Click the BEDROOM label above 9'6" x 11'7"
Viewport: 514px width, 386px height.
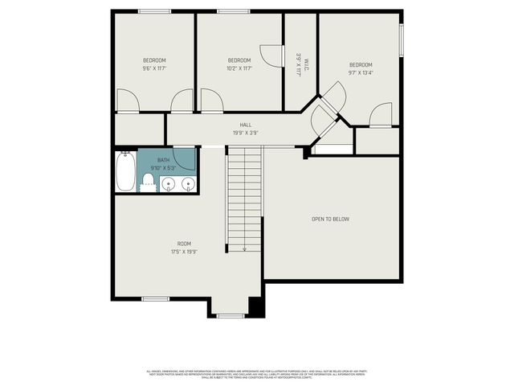coord(154,60)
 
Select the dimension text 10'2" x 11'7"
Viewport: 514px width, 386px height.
coord(239,68)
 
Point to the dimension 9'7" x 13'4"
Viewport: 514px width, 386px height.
coord(361,73)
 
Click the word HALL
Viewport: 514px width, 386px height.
coord(245,125)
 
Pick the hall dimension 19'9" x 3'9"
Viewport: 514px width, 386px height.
coord(245,133)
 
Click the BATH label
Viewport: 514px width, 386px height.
coord(163,160)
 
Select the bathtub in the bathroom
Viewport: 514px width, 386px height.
coord(125,172)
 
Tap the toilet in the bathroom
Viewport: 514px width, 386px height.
coord(148,183)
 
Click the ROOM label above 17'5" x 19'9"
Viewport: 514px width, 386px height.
coord(184,244)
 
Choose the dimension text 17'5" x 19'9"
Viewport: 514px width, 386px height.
coord(184,252)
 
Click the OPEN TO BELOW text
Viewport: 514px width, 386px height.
coord(330,219)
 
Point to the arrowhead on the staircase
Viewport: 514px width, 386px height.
coord(244,248)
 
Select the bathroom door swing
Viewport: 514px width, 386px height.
coord(186,158)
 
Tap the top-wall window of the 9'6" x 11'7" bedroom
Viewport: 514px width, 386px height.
coord(154,11)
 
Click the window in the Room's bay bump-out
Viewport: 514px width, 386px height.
coord(230,316)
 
